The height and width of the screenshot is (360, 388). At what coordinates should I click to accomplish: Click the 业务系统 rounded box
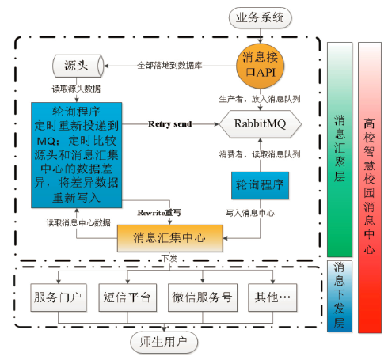260,17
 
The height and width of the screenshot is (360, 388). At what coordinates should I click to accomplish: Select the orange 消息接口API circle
260,66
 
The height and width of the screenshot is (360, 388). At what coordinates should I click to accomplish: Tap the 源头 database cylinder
78,66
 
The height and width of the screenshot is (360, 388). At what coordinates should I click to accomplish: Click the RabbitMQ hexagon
261,124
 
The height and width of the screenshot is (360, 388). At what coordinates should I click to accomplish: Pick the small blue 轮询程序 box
260,185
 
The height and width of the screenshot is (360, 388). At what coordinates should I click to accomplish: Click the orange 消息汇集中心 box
170,238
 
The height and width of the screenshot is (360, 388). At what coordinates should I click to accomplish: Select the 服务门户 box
59,297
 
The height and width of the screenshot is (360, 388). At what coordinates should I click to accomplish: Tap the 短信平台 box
127,297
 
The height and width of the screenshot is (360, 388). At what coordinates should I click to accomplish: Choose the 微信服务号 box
203,297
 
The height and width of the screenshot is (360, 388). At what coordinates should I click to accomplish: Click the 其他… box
272,297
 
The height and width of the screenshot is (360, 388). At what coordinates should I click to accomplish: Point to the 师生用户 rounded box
164,342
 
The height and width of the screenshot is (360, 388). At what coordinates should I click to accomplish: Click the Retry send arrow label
170,124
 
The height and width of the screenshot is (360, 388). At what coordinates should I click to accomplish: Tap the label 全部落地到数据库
169,65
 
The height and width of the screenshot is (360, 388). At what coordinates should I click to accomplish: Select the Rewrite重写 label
159,213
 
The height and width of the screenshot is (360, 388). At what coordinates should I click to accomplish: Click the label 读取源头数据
76,89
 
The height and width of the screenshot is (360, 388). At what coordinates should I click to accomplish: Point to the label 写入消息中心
250,213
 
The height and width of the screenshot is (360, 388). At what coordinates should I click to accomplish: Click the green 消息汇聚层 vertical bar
340,150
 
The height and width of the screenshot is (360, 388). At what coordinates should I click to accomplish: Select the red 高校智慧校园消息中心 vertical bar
370,188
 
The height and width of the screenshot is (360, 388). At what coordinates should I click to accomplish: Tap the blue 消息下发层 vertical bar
340,296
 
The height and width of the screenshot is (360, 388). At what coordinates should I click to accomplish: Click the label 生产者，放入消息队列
260,99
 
